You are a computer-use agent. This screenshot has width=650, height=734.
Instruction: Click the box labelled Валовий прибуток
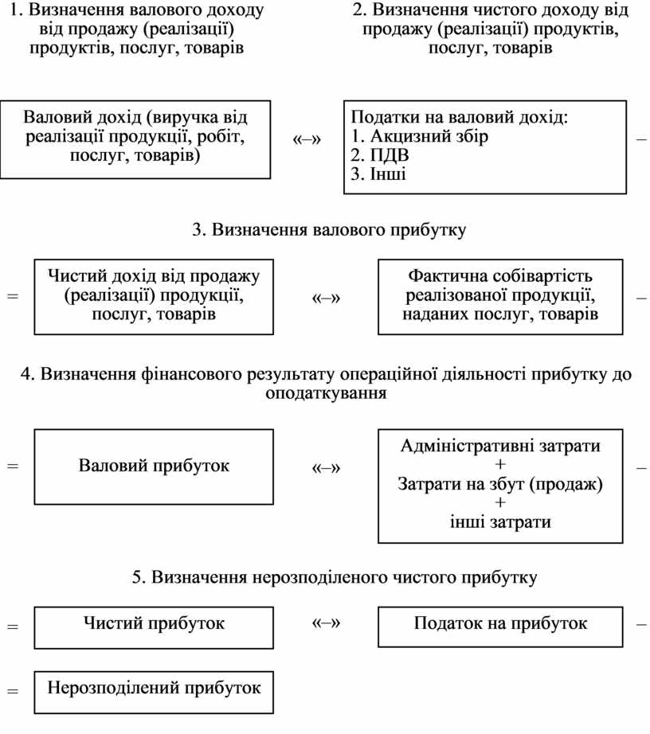(153, 467)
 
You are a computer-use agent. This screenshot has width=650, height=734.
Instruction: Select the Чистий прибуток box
(153, 627)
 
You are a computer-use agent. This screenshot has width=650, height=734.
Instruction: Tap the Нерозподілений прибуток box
(153, 690)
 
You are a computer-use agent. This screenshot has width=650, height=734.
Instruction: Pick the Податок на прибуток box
(500, 627)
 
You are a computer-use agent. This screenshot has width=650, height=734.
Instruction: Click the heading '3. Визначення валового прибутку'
(329, 230)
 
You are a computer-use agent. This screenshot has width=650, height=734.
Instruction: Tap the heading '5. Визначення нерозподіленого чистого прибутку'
(335, 577)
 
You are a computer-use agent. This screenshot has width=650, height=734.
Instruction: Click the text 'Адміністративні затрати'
(500, 446)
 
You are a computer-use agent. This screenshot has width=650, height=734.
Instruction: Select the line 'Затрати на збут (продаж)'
(500, 484)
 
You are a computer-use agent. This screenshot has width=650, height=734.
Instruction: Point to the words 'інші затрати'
(500, 522)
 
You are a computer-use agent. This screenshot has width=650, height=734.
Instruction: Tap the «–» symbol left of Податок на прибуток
(325, 623)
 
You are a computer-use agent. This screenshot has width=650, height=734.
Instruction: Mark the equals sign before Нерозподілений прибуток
(12, 691)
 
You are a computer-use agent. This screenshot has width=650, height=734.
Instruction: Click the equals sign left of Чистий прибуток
(12, 627)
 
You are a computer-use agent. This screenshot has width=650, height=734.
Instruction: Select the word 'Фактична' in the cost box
(444, 276)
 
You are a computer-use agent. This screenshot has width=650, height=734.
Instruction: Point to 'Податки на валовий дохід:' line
(460, 117)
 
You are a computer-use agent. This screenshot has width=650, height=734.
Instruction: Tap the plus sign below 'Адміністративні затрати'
(500, 465)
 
